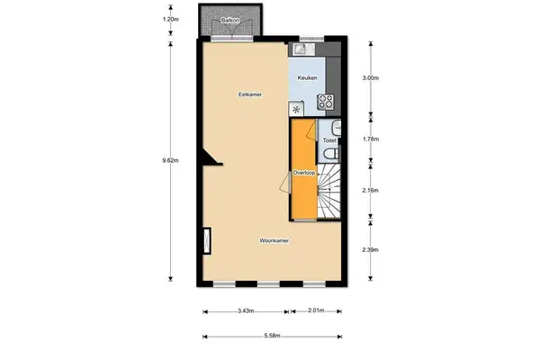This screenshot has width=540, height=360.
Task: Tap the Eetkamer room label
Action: point(250,93)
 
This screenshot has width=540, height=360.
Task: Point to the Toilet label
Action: point(329,140)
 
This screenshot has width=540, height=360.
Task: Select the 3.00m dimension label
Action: point(370,78)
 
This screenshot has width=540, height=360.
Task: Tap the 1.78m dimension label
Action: point(370,140)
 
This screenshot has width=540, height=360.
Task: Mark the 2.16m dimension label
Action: point(370,190)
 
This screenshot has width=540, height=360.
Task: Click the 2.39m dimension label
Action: point(370,249)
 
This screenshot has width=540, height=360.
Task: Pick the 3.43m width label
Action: point(244,312)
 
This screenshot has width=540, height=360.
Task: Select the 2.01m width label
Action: point(315,312)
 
